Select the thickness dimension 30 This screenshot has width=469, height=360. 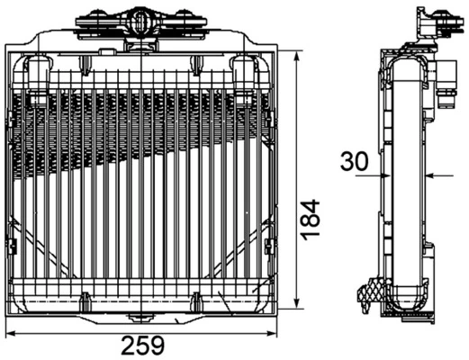(x=354, y=162)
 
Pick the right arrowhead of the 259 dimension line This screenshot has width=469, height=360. (x=273, y=333)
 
